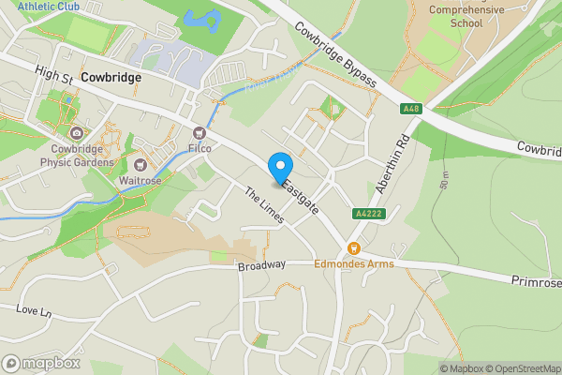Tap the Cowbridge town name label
(x=111, y=78)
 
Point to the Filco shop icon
(x=199, y=133)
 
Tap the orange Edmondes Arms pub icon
(x=354, y=248)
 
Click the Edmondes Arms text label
(x=354, y=264)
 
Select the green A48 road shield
(x=410, y=109)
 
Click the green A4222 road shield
(x=366, y=213)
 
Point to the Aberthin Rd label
(x=393, y=165)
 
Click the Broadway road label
(x=260, y=265)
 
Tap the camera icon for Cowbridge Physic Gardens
(x=75, y=132)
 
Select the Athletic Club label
(x=48, y=6)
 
